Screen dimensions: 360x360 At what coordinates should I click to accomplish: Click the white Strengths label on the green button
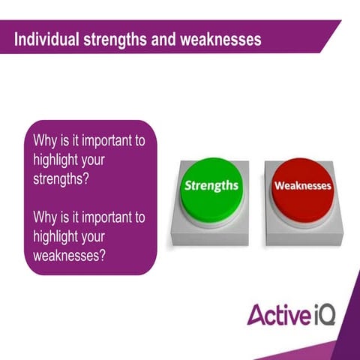(x=211, y=184)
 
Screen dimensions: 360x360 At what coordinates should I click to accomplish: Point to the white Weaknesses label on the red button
(x=302, y=184)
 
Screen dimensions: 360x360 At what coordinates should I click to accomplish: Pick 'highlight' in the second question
(x=60, y=235)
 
